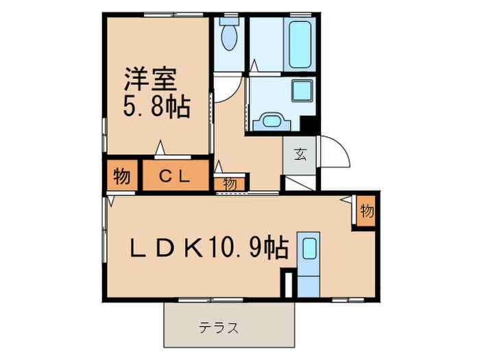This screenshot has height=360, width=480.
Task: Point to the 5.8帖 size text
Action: pyautogui.click(x=157, y=107)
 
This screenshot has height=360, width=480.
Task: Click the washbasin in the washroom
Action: pyautogui.click(x=272, y=122)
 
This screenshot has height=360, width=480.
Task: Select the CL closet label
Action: pyautogui.click(x=174, y=176)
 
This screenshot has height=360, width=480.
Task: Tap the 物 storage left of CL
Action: pyautogui.click(x=122, y=176)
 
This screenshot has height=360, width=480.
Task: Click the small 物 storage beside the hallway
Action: pyautogui.click(x=230, y=183)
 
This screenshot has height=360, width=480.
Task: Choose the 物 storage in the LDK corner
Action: pyautogui.click(x=367, y=211)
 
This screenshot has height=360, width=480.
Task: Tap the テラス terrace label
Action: pyautogui.click(x=219, y=327)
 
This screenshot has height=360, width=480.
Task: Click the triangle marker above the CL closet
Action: pyautogui.click(x=160, y=147)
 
